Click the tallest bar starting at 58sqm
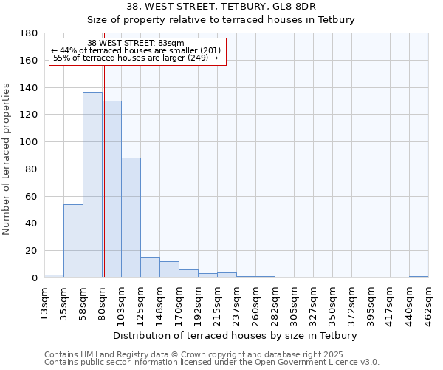point(92,185)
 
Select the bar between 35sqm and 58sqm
point(73,240)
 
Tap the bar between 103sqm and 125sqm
point(131,218)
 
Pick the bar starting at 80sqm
point(111,189)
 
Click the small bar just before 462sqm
point(419,276)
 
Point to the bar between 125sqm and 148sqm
point(150,267)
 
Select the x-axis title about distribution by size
point(236,335)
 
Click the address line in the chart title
point(221,6)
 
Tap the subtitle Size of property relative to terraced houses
point(221,19)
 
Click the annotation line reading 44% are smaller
point(136,50)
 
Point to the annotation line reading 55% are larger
point(136,58)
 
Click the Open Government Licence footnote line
point(212,363)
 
